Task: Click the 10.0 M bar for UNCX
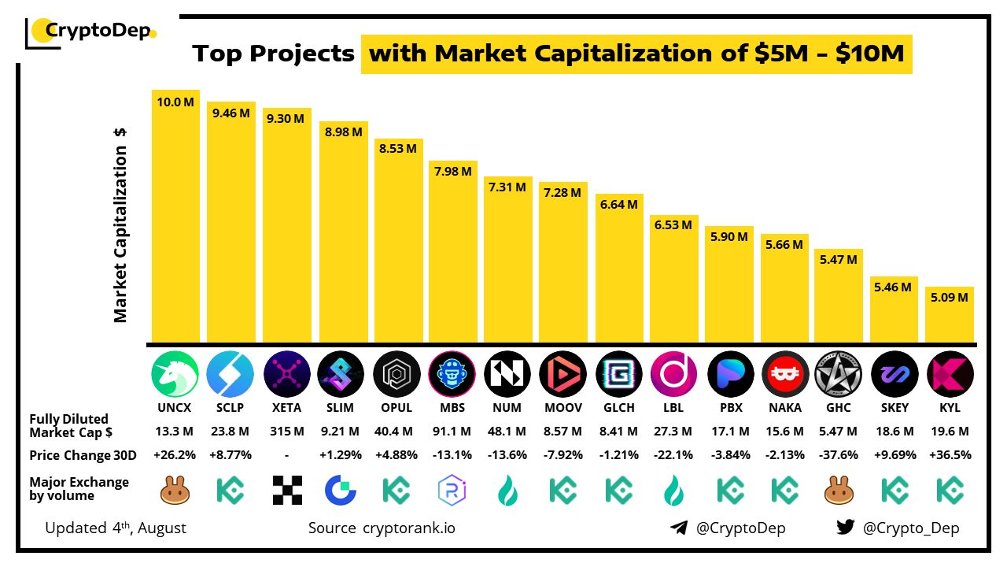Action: pyautogui.click(x=175, y=217)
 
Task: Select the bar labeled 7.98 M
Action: pyautogui.click(x=454, y=252)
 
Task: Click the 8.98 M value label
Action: pyautogui.click(x=343, y=132)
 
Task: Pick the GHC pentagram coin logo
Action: pyautogui.click(x=839, y=373)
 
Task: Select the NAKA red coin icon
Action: pyautogui.click(x=785, y=373)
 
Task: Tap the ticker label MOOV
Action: pyautogui.click(x=563, y=408)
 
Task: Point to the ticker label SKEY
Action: pyautogui.click(x=894, y=408)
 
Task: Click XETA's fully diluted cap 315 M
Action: pyautogui.click(x=286, y=432)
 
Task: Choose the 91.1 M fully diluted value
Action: pyautogui.click(x=452, y=432)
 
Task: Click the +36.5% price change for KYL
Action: pyautogui.click(x=950, y=455)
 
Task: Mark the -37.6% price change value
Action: pyautogui.click(x=839, y=455)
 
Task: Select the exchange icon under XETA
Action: pyautogui.click(x=286, y=490)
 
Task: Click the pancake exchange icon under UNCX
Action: pyautogui.click(x=175, y=491)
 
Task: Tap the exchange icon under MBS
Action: pyautogui.click(x=452, y=491)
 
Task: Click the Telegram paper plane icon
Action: pyautogui.click(x=679, y=528)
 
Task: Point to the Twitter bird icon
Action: pyautogui.click(x=845, y=528)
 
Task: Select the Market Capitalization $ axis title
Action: pyautogui.click(x=120, y=224)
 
